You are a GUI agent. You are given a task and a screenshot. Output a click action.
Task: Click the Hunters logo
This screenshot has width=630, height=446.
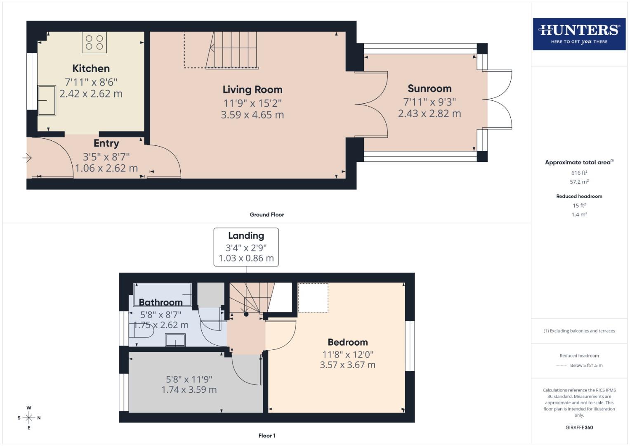[579, 34]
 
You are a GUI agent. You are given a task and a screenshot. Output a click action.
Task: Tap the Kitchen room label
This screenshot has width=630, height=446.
[91, 69]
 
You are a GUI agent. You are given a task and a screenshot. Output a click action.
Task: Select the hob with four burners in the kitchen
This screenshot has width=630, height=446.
[94, 43]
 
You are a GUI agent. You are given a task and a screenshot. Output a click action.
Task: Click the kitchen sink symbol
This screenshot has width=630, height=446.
[47, 100]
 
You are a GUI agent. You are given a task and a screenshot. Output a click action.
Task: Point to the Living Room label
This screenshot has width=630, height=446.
[252, 90]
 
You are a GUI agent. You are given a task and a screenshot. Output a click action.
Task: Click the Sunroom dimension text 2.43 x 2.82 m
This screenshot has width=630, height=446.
[429, 114]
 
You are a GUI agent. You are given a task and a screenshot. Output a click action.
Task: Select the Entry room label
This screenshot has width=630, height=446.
[106, 143]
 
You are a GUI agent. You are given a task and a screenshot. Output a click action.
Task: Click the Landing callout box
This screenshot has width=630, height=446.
[246, 247]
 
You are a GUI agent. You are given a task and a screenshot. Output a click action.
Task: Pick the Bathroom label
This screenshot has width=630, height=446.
[160, 302]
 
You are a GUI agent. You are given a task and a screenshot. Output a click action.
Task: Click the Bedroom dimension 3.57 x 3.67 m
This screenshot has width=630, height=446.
[347, 365]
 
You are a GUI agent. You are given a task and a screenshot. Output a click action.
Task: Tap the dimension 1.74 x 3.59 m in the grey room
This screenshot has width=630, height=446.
[189, 389]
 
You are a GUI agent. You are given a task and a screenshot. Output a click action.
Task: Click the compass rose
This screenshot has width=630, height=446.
[29, 418]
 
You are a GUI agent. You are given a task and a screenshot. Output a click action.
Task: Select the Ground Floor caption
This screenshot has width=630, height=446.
[267, 215]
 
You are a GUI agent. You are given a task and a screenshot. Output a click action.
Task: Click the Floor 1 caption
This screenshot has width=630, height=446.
[267, 436]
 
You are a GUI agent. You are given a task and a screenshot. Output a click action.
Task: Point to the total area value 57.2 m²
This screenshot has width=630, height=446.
[579, 182]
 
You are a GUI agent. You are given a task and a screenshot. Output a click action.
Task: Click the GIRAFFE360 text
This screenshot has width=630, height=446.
[579, 427]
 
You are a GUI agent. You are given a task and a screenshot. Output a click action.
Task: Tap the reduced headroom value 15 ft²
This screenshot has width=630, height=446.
[579, 205]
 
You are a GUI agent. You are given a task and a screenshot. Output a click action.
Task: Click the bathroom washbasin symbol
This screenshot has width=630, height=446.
[175, 340]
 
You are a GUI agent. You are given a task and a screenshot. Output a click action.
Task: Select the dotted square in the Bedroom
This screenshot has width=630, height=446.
[313, 297]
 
